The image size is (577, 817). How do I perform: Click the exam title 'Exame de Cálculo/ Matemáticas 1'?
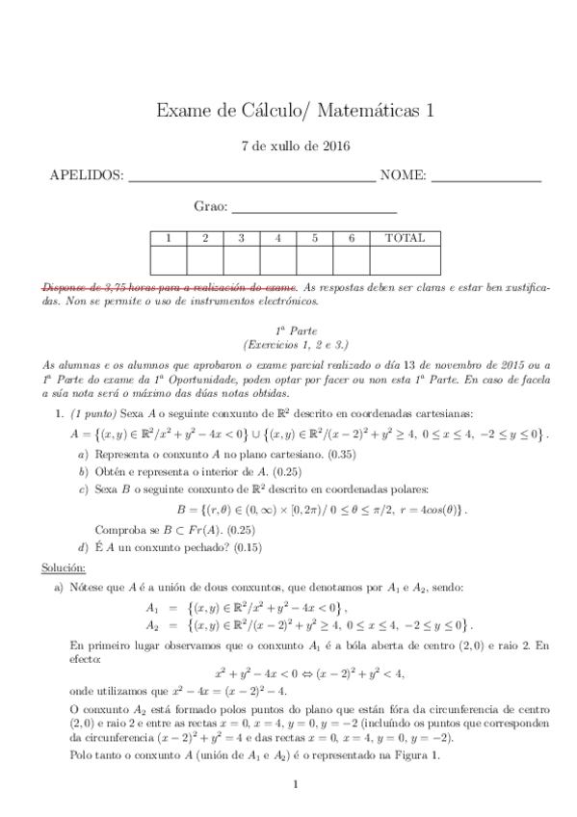click(x=295, y=112)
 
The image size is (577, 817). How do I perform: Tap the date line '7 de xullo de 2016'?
click(x=295, y=147)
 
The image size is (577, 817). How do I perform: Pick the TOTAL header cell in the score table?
click(x=405, y=238)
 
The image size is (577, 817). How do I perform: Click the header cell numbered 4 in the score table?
click(x=277, y=238)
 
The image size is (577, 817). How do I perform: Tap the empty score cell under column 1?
click(x=169, y=260)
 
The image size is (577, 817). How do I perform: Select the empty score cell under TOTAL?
click(x=405, y=260)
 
